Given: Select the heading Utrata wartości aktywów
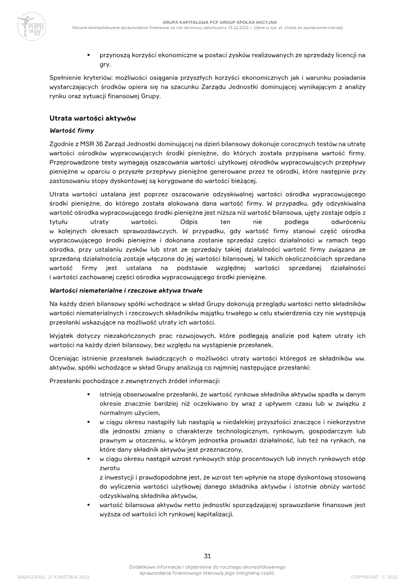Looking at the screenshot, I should [x=92, y=118].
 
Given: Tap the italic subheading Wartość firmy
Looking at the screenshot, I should [x=72, y=130].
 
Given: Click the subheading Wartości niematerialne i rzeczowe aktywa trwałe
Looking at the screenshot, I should [x=126, y=290].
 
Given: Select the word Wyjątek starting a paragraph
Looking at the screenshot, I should [x=62, y=336].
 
